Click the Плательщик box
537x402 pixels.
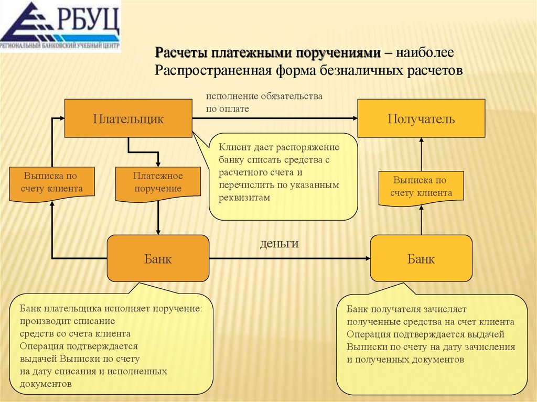pyautogui.click(x=128, y=118)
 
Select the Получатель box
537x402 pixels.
pyautogui.click(x=421, y=119)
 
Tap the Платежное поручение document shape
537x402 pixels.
pyautogui.click(x=157, y=182)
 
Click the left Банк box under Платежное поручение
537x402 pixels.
pyautogui.click(x=158, y=258)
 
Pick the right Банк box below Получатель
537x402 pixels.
pyautogui.click(x=421, y=258)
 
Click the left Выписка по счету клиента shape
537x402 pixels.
pyautogui.click(x=52, y=182)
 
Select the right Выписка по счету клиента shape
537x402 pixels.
pyautogui.click(x=422, y=187)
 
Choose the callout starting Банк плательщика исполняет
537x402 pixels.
pyautogui.click(x=111, y=347)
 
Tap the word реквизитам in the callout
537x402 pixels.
pyautogui.click(x=244, y=198)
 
